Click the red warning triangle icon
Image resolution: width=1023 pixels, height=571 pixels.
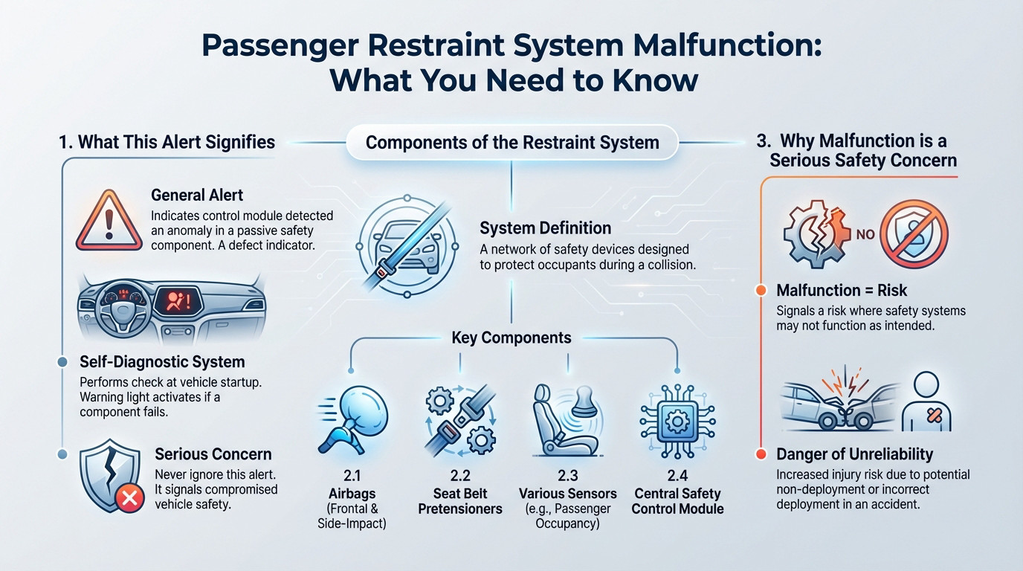(x=109, y=221)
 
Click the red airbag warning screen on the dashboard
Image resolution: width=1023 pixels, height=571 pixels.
(x=178, y=302)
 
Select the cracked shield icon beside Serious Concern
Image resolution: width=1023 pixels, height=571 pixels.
(x=109, y=476)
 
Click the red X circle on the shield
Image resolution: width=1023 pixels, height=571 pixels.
(x=129, y=497)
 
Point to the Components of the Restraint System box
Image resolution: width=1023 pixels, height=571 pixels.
(x=512, y=143)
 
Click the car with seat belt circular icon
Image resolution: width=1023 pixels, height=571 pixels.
(x=407, y=247)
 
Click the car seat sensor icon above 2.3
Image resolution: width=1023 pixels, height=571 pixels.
(x=567, y=420)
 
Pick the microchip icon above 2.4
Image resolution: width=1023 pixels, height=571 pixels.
(x=677, y=421)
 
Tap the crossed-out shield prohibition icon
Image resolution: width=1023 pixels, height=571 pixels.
(x=914, y=234)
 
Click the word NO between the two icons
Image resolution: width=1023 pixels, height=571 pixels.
(x=865, y=234)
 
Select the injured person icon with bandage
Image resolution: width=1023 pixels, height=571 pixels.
(x=926, y=401)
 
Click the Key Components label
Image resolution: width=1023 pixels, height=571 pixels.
(x=511, y=338)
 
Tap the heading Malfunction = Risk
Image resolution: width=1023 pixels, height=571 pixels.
(x=842, y=290)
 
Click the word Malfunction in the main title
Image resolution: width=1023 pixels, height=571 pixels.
(x=728, y=45)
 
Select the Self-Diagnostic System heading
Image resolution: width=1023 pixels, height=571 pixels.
(x=162, y=362)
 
